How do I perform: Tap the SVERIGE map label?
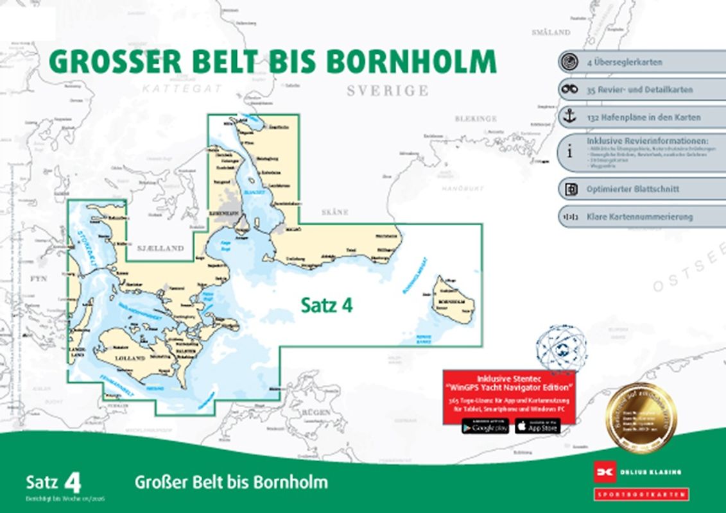tap(387, 90)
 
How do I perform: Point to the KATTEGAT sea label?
tap(182, 88)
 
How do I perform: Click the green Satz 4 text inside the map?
tap(327, 307)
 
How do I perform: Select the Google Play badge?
tap(485, 426)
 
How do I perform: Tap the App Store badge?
tap(537, 426)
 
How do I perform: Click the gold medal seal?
tap(641, 417)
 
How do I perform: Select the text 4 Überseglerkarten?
tap(624, 63)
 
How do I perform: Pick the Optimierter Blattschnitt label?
tap(632, 189)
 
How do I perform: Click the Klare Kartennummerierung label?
tap(639, 217)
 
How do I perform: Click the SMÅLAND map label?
tap(551, 31)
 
